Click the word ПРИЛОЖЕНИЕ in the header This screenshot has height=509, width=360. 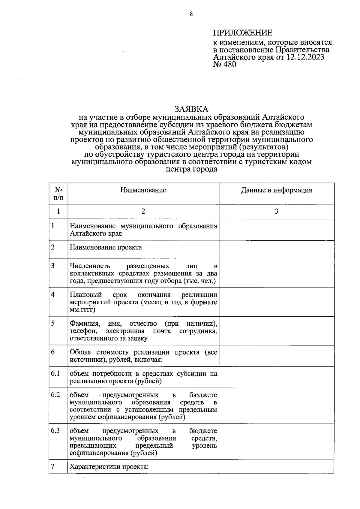(x=243, y=33)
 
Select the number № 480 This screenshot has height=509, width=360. (x=224, y=64)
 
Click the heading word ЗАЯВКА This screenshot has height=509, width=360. (x=191, y=109)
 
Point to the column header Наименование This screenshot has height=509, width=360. (x=143, y=190)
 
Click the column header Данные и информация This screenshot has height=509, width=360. (x=276, y=190)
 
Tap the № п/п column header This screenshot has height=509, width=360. (x=58, y=194)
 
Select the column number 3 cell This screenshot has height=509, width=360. (x=276, y=211)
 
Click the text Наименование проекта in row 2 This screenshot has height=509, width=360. (x=106, y=247)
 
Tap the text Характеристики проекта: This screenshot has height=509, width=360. (x=109, y=467)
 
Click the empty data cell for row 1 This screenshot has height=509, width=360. (x=276, y=230)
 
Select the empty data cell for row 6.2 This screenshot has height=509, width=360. (x=276, y=406)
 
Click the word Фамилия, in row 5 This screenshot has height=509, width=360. (x=84, y=324)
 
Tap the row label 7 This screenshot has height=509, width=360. (x=53, y=466)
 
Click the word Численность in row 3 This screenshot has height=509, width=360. (x=90, y=266)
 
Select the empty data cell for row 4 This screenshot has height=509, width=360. (x=276, y=302)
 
